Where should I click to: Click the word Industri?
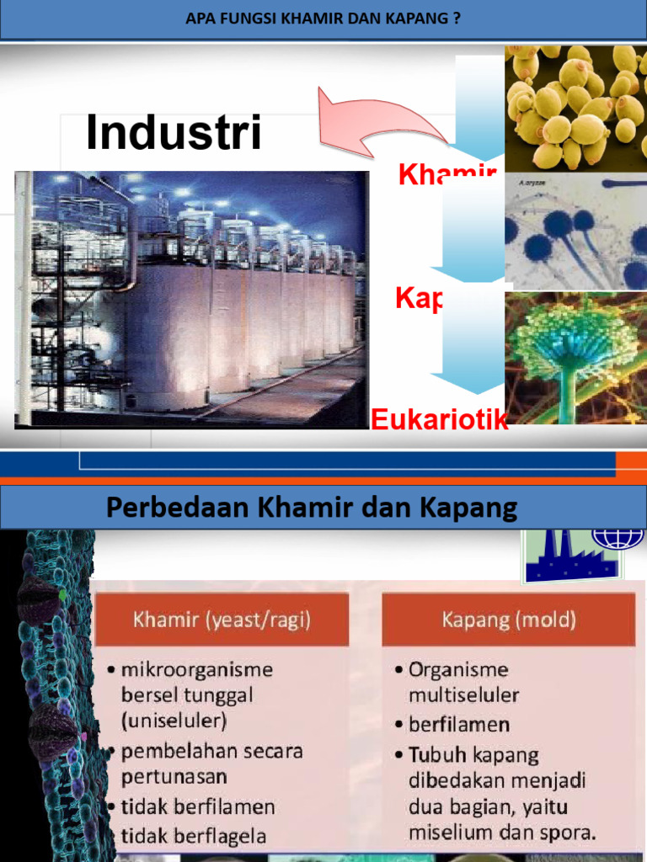pyautogui.click(x=174, y=133)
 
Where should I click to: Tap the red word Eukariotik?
pyautogui.click(x=439, y=419)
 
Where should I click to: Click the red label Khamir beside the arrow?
pyautogui.click(x=446, y=175)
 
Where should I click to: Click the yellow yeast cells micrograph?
pyautogui.click(x=575, y=107)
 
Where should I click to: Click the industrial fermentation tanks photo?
pyautogui.click(x=191, y=298)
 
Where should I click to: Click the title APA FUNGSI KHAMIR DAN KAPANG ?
pyautogui.click(x=323, y=19)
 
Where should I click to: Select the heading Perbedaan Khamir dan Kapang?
pyautogui.click(x=312, y=508)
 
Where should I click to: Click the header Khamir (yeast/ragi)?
pyautogui.click(x=222, y=621)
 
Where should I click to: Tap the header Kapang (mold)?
pyautogui.click(x=509, y=621)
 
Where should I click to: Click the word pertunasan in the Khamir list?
pyautogui.click(x=174, y=776)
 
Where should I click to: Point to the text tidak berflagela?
pyautogui.click(x=194, y=836)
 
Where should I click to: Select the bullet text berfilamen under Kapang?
pyautogui.click(x=459, y=724)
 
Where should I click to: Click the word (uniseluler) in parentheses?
pyautogui.click(x=174, y=721)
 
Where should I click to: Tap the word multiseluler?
pyautogui.click(x=463, y=695)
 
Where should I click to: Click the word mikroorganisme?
pyautogui.click(x=197, y=670)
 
